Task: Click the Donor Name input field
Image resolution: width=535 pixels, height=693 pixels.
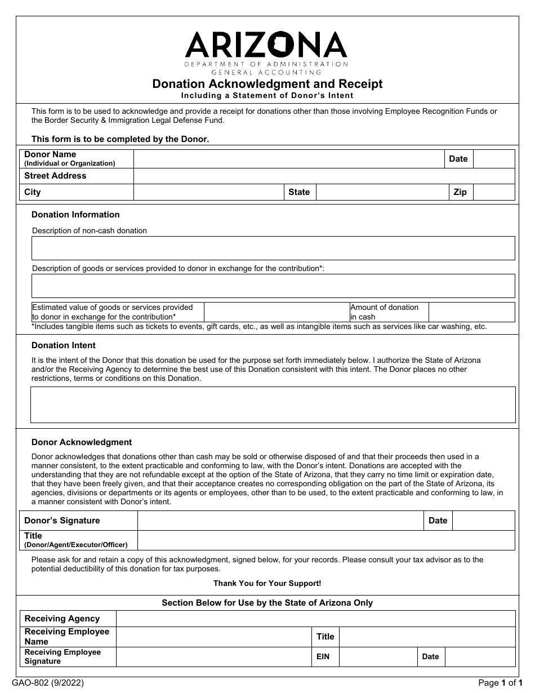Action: coord(288,159)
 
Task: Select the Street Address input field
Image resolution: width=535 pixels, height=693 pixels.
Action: coord(324,176)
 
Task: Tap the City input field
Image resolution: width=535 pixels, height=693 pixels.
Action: coord(208,192)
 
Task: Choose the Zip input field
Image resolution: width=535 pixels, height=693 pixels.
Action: coord(494,192)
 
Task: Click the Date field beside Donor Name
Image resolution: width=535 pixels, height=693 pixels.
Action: coord(494,159)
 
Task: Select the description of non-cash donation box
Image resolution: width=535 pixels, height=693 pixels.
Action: coord(273,248)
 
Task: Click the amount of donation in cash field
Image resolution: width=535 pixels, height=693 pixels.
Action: coord(471,312)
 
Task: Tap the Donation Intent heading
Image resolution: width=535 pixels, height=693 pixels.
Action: coord(64,345)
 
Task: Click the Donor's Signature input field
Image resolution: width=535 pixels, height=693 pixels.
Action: coord(280,521)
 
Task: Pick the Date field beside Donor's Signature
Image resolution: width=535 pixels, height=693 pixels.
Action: coord(483,521)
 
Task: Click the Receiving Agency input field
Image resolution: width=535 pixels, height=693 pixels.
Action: coord(315,619)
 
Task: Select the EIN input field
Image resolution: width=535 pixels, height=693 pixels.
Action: coord(377,656)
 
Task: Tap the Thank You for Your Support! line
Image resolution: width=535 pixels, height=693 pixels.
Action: coord(267,584)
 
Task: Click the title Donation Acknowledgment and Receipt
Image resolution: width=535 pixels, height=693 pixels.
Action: coord(267,84)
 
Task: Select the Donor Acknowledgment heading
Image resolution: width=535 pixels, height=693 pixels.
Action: coord(82,442)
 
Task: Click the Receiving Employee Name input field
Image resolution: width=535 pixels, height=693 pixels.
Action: coord(213,637)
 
